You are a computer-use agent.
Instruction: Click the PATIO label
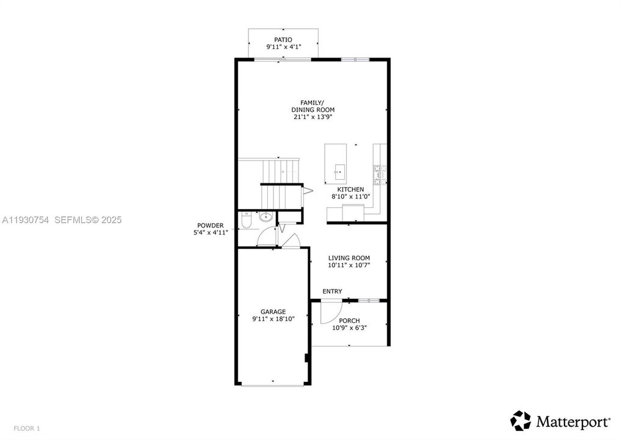point(283,39)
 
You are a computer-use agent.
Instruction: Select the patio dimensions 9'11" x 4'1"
point(283,46)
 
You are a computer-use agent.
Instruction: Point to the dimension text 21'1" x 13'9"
point(313,117)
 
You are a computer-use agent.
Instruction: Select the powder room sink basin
point(266,216)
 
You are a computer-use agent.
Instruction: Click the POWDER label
point(210,225)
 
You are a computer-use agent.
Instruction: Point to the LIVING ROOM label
point(349,258)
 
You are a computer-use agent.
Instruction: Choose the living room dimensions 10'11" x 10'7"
point(349,265)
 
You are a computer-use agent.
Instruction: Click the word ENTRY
point(332,291)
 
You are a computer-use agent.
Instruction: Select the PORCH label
point(349,320)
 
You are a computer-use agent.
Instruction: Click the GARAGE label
point(273,312)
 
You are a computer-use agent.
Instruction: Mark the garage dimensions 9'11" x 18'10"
point(273,319)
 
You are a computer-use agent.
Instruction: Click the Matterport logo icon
point(521,421)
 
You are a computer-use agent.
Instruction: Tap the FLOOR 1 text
point(26,428)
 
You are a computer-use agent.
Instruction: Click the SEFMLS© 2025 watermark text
point(88,219)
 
